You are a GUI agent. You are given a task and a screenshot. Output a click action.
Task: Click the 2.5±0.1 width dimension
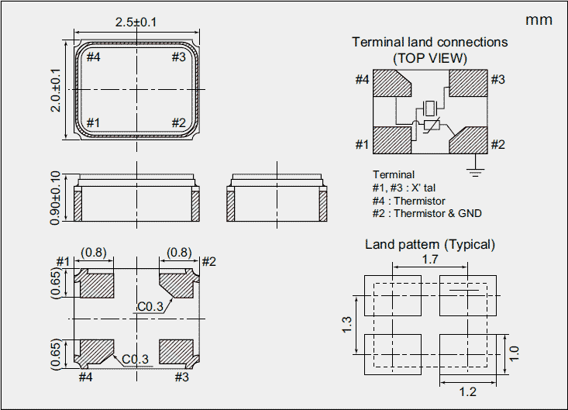(136, 22)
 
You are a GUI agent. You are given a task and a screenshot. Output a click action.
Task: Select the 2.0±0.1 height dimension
(55, 91)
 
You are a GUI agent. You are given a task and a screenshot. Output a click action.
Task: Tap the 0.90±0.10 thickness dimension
(55, 198)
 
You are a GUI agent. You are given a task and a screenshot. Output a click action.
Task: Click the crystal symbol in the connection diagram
(430, 110)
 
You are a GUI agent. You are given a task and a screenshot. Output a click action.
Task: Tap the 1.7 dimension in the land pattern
(430, 260)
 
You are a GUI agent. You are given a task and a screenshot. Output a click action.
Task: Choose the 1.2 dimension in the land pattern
(467, 391)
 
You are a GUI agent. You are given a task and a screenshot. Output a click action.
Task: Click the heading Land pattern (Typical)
(430, 244)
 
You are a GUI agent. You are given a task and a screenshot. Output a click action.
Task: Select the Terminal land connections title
(430, 42)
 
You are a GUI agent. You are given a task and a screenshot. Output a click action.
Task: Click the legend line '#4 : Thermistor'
(408, 201)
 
